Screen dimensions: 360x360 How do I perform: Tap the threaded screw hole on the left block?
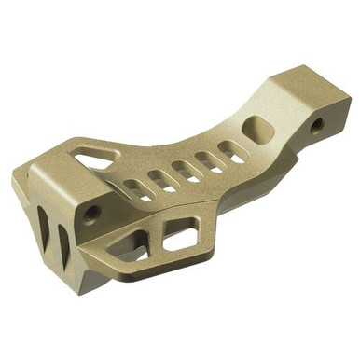coord(90,213)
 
